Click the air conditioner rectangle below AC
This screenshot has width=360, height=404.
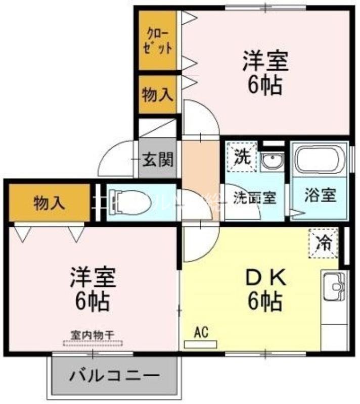[x=200, y=344]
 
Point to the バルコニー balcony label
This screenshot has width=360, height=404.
[x=114, y=376]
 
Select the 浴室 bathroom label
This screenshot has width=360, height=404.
[x=320, y=195]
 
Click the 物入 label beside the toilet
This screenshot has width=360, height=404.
[x=49, y=203]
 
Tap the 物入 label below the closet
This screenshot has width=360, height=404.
[x=158, y=94]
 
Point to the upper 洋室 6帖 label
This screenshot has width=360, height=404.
[x=264, y=73]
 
